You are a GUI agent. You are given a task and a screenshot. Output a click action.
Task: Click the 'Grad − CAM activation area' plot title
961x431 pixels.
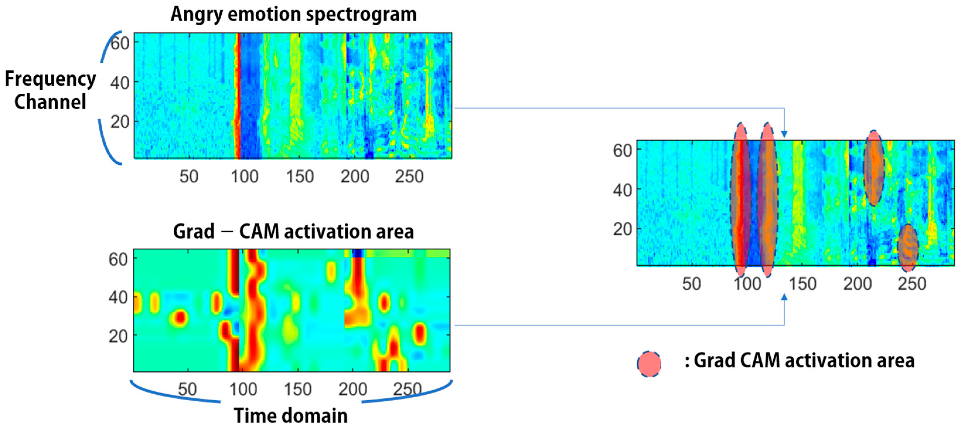[293, 231]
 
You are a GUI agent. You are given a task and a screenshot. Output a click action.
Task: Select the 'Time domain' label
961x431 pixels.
[291, 415]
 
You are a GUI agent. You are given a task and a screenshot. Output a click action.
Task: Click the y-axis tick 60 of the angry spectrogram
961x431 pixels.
[120, 43]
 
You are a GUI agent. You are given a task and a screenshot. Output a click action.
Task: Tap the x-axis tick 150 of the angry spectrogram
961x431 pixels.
[300, 176]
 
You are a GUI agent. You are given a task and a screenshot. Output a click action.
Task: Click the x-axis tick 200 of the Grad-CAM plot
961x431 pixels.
[353, 389]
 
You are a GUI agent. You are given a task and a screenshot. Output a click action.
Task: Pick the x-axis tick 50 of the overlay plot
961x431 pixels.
[691, 284]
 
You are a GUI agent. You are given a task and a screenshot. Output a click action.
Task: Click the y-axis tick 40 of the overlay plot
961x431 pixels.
[622, 190]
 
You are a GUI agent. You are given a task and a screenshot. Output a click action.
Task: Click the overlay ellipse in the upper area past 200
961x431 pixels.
[874, 168]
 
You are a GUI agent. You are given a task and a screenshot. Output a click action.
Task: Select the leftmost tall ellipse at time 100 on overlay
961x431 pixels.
[740, 200]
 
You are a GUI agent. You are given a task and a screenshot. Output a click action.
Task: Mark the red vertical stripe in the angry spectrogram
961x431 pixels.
[237, 95]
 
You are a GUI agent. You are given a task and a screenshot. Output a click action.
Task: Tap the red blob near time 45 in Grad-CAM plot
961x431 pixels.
[180, 318]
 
